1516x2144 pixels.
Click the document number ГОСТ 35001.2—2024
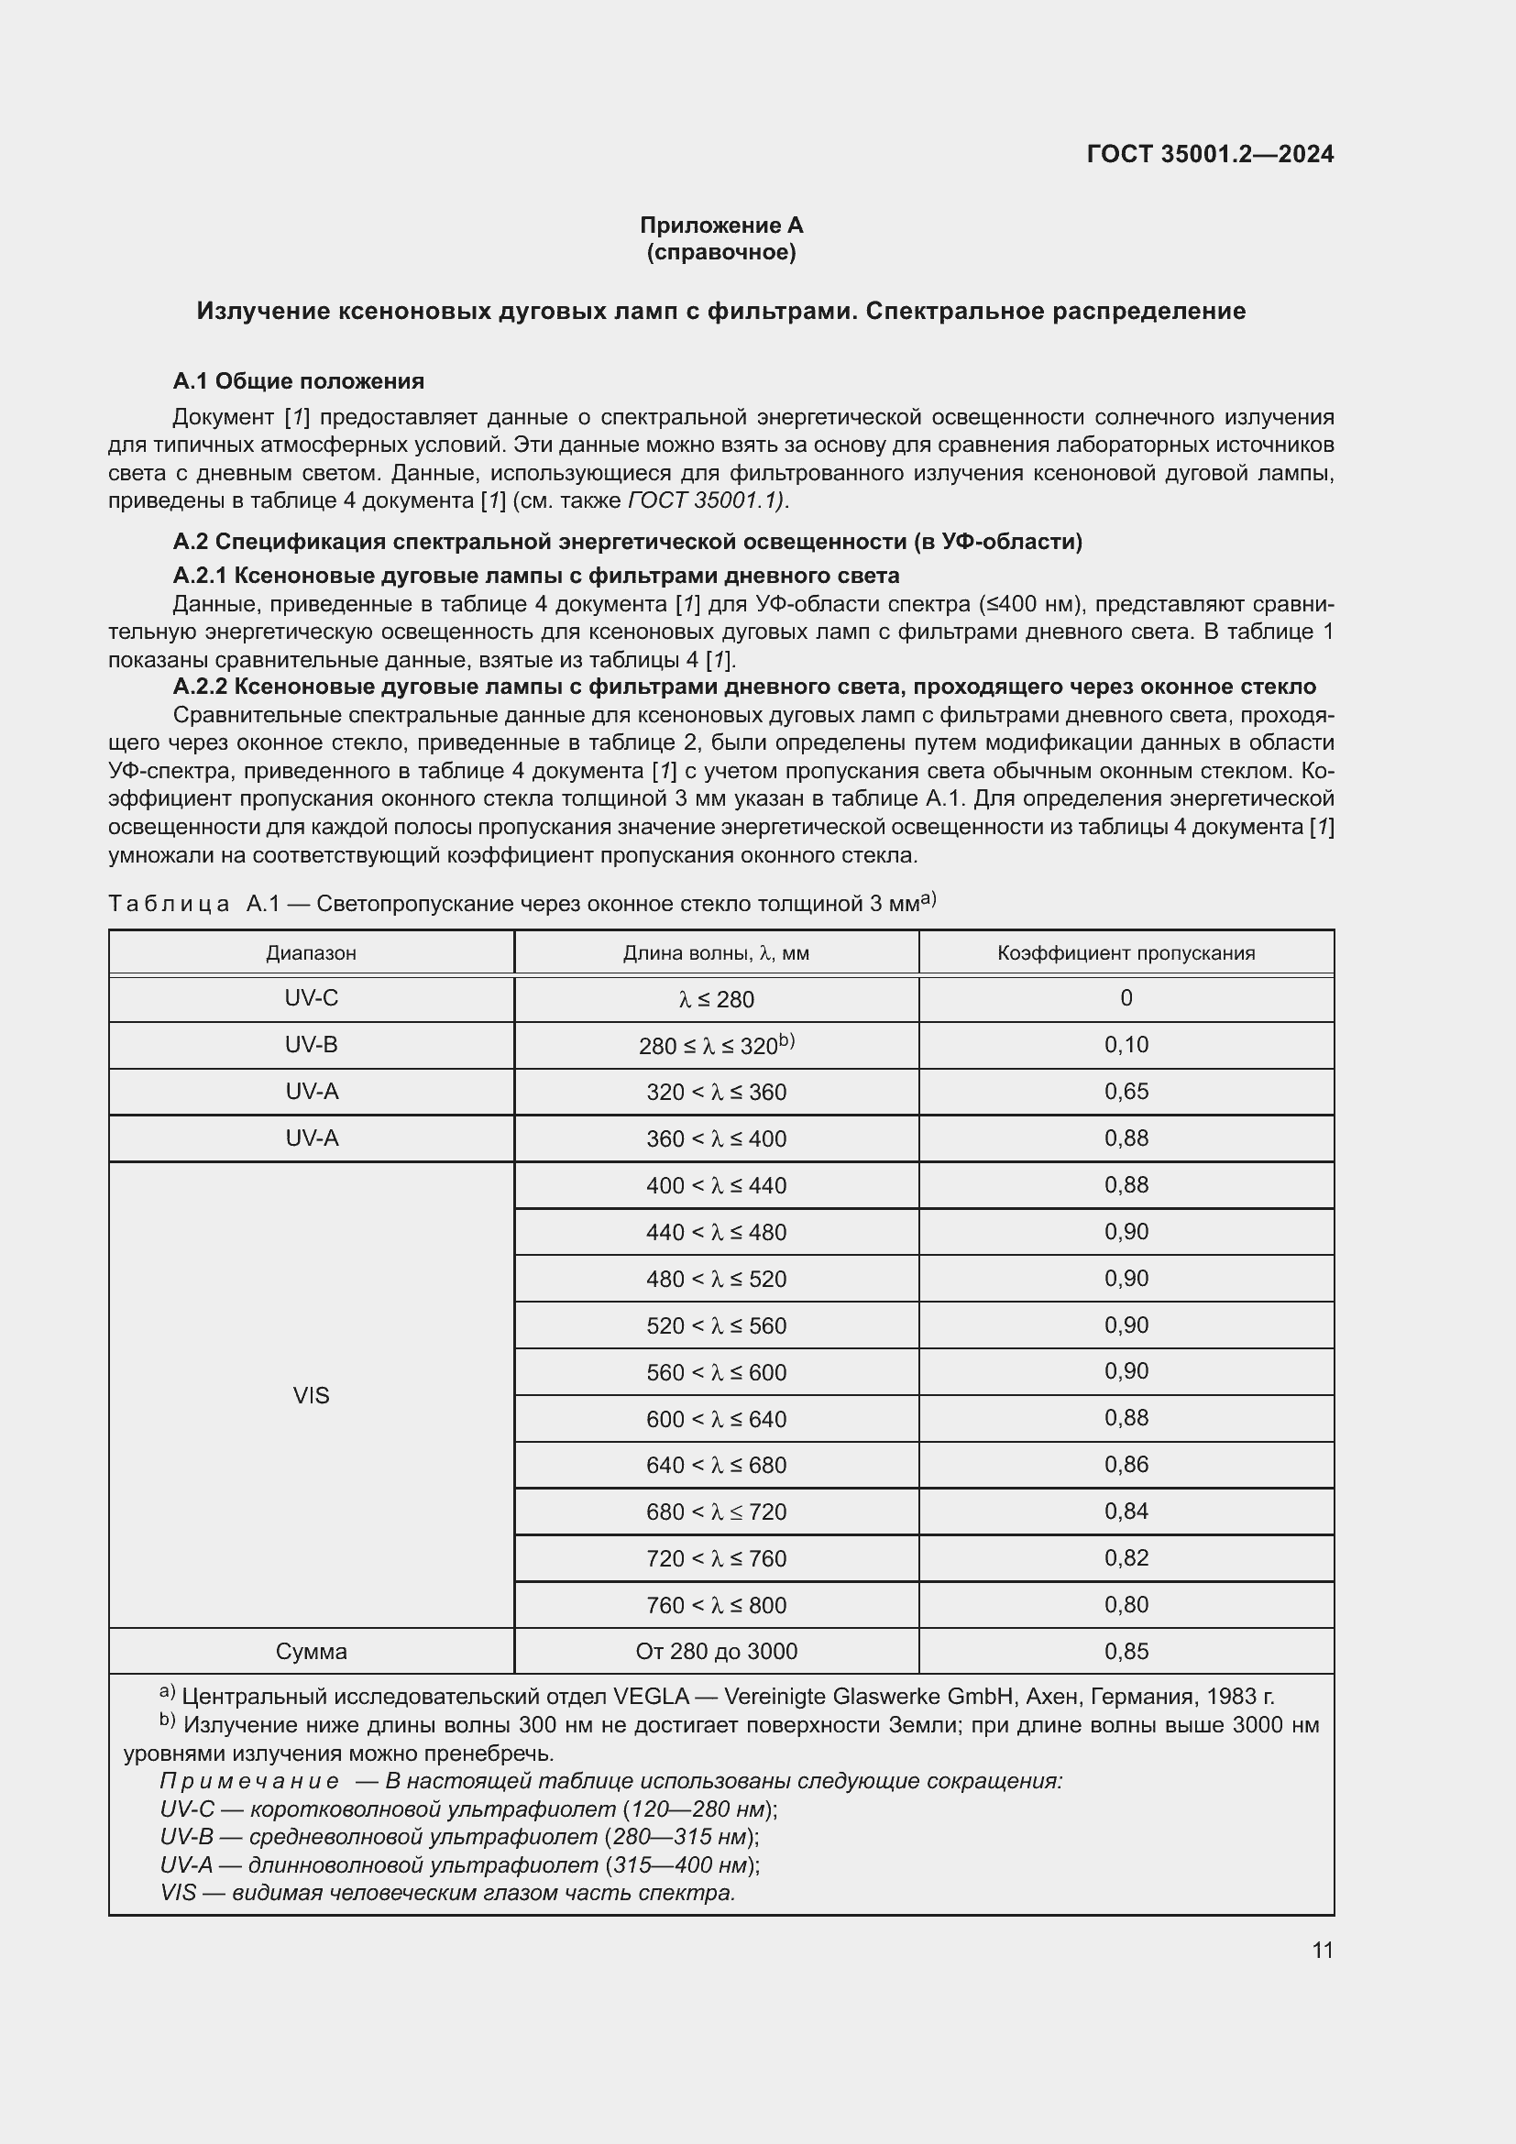[x=1210, y=154]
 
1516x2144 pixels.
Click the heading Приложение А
[x=720, y=225]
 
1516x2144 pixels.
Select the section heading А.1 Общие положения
[x=298, y=381]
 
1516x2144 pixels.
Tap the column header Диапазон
[x=311, y=953]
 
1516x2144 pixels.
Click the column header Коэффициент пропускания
[x=1126, y=953]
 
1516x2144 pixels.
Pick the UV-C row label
[x=311, y=998]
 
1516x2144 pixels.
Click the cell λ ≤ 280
[x=716, y=999]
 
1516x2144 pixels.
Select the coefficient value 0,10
[x=1126, y=1045]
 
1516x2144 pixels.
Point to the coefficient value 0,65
[x=1126, y=1092]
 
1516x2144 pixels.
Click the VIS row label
[x=311, y=1395]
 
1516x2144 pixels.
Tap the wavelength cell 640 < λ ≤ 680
[x=716, y=1465]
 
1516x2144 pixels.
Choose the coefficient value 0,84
[x=1126, y=1511]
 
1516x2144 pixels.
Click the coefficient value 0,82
[x=1126, y=1557]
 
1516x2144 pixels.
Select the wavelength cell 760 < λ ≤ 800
[x=716, y=1605]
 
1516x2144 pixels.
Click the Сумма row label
[x=311, y=1651]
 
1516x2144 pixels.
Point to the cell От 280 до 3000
[x=716, y=1651]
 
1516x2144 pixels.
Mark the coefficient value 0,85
[x=1126, y=1651]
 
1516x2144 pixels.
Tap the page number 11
[x=1322, y=1951]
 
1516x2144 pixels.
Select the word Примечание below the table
[x=249, y=1781]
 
